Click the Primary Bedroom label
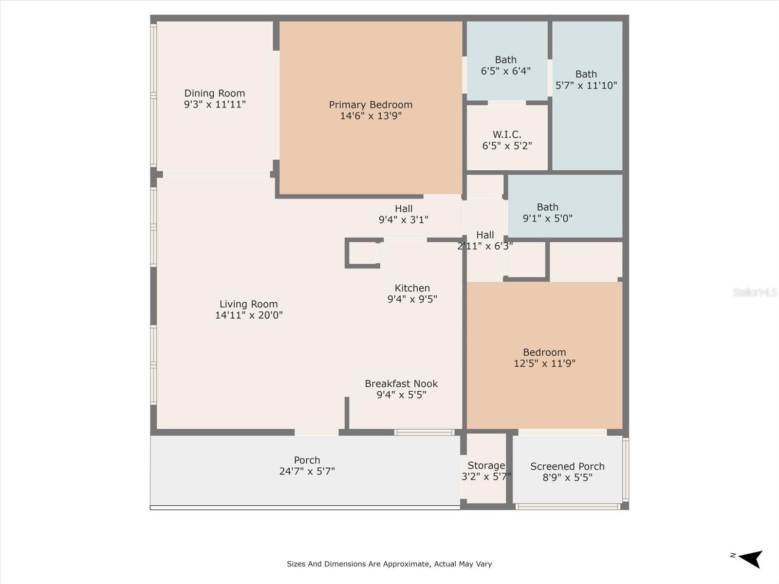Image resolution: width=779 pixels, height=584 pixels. [371, 105]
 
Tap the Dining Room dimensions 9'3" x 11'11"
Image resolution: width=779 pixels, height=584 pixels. [215, 104]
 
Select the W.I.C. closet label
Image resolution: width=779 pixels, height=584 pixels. [507, 134]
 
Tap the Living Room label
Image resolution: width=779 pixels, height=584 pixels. [248, 304]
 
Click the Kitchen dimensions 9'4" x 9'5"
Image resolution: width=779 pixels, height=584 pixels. [412, 299]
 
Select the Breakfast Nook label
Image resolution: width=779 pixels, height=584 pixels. [401, 383]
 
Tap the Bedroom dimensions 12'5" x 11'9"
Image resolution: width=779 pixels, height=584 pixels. [544, 364]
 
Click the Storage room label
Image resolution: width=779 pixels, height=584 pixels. [486, 466]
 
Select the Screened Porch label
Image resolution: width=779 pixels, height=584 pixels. [567, 466]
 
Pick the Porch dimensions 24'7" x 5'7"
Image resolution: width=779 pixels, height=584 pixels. [307, 472]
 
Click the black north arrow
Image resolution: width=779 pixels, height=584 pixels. [751, 558]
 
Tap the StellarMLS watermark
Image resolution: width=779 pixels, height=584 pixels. [755, 292]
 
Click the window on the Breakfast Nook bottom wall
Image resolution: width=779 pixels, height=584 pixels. [425, 432]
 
